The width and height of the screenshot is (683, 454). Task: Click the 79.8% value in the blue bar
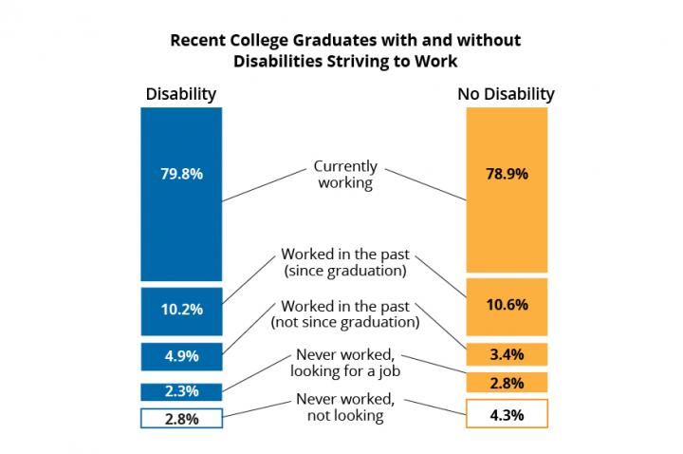181,174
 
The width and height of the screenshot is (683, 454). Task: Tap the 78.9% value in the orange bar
507,174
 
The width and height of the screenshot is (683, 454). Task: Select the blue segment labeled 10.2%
181,312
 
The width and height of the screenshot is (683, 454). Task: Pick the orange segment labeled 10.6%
507,307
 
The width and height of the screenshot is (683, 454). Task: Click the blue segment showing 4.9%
181,357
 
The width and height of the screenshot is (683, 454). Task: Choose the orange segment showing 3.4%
507,354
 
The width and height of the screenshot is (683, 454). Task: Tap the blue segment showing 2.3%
181,391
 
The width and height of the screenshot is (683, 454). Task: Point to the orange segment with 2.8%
507,383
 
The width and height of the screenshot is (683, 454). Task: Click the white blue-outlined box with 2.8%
181,418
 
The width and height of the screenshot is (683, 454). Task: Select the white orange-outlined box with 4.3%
507,413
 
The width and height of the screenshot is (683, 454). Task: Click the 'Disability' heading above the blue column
181,94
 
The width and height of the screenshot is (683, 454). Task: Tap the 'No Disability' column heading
507,94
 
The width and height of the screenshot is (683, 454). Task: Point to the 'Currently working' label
345,175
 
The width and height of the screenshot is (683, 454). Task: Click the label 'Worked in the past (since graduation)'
345,262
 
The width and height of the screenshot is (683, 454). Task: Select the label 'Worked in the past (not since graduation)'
345,314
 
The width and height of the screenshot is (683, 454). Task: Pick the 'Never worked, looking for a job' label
345,363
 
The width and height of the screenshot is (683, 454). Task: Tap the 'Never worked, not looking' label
345,407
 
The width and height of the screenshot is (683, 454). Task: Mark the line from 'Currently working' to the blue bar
265,185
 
